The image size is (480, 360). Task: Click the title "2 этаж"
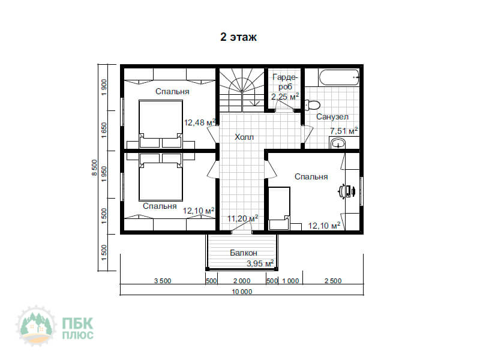point(238,37)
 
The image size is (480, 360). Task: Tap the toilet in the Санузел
point(312,104)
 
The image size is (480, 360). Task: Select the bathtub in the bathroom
point(339,77)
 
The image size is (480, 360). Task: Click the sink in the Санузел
point(338,143)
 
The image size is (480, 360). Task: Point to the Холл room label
point(244,137)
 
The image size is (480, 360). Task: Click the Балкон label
point(244,253)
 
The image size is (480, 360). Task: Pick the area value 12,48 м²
point(200,122)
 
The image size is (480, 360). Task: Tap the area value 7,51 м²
point(344,131)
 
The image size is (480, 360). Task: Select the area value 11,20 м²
point(242,218)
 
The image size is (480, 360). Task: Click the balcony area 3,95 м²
point(260,263)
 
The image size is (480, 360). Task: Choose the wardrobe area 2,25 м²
point(284,97)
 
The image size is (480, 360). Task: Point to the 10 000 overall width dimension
point(242,292)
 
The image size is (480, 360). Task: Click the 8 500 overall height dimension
point(94,168)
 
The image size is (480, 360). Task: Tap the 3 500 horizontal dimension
point(163,281)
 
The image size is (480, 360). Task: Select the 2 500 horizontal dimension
point(333,281)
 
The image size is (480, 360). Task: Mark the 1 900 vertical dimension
point(104,88)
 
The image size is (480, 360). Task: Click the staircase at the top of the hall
point(242,90)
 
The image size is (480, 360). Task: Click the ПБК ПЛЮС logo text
point(78,328)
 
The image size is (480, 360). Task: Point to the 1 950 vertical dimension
point(104,174)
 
